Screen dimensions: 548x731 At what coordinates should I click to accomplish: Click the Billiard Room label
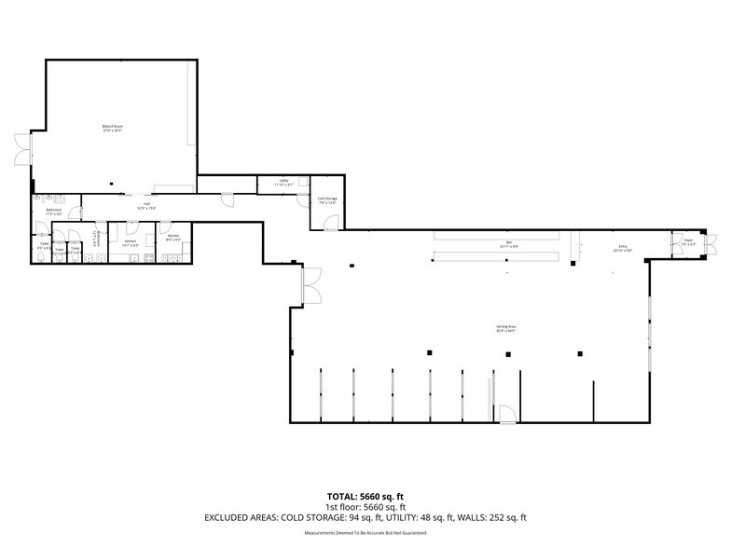[x=113, y=129]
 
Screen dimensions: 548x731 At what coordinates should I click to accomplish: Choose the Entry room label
[x=622, y=249]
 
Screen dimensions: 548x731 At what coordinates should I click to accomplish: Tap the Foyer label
[x=688, y=241]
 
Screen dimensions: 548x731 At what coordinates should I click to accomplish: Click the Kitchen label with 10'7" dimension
[x=131, y=242]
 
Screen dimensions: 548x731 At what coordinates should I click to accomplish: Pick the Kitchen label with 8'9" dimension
[x=173, y=237]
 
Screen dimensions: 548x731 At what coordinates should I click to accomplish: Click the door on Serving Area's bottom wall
[x=504, y=415]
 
